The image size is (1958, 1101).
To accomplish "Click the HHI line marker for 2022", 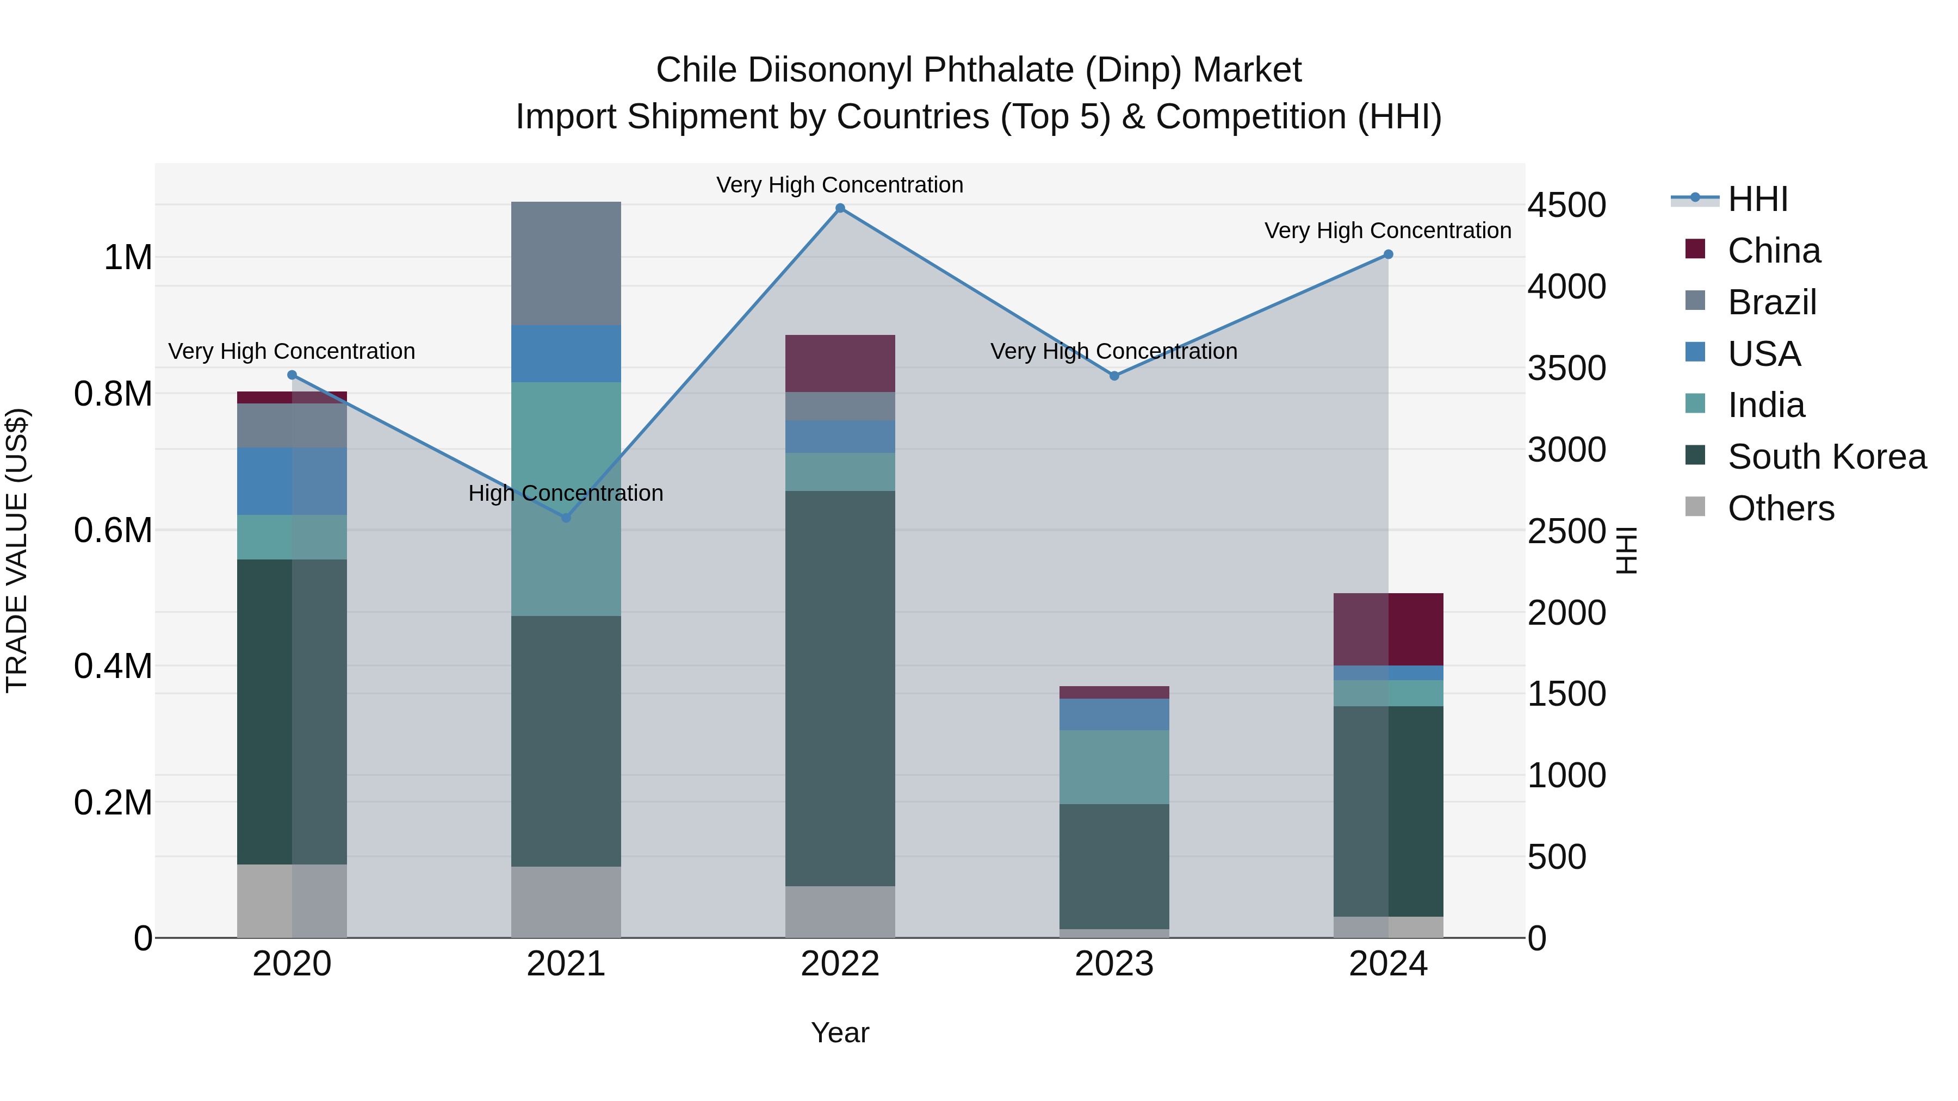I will pyautogui.click(x=840, y=208).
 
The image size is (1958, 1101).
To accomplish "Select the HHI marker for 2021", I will pyautogui.click(x=566, y=518).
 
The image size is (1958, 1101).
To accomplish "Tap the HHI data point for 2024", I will pyautogui.click(x=1388, y=254).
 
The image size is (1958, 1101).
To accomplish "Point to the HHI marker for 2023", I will pyautogui.click(x=1114, y=375).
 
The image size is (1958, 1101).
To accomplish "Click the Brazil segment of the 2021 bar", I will pyautogui.click(x=566, y=263).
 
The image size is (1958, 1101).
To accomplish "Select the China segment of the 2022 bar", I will pyautogui.click(x=840, y=363).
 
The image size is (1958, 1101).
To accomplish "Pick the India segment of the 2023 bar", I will pyautogui.click(x=1114, y=767).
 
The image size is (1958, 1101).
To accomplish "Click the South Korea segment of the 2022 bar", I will pyautogui.click(x=840, y=688).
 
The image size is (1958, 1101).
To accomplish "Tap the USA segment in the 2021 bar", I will pyautogui.click(x=566, y=353).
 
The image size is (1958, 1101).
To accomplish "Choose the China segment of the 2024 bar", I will pyautogui.click(x=1388, y=629).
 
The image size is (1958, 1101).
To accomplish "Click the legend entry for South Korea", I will pyautogui.click(x=1826, y=457).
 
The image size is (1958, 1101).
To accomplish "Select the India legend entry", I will pyautogui.click(x=1765, y=405).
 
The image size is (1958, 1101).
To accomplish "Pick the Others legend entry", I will pyautogui.click(x=1780, y=508).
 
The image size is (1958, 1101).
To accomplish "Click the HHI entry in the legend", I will pyautogui.click(x=1757, y=199).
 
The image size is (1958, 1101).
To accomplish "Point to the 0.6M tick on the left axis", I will pyautogui.click(x=113, y=530).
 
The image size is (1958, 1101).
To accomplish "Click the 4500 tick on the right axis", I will pyautogui.click(x=1566, y=205).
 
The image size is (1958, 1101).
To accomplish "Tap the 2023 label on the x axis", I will pyautogui.click(x=1114, y=964).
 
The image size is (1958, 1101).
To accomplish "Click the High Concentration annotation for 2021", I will pyautogui.click(x=566, y=493).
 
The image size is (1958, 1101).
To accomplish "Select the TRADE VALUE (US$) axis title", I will pyautogui.click(x=17, y=550).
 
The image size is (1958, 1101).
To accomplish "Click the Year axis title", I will pyautogui.click(x=840, y=1032).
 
